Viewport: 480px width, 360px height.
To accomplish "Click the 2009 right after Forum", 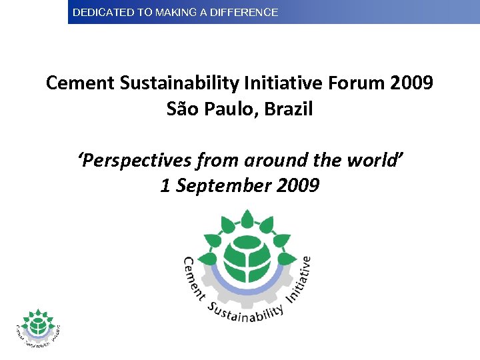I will (411, 83).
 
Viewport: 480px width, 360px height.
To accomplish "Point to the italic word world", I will (378, 161).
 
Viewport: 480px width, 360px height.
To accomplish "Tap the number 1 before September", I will (165, 185).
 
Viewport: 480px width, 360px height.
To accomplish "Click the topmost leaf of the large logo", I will (247, 218).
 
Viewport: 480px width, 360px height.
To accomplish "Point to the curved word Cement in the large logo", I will (193, 276).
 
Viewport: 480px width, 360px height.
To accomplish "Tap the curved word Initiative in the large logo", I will (299, 276).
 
